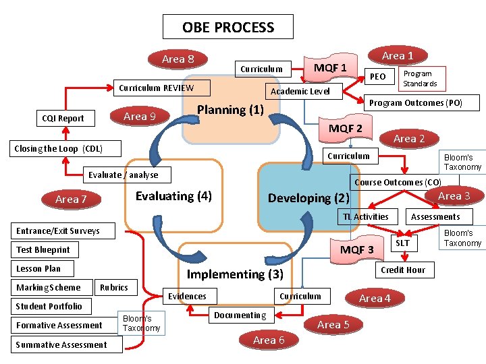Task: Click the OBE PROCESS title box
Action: [228, 28]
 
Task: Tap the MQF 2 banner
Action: [345, 129]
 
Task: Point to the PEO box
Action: [378, 77]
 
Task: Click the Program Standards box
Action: [420, 78]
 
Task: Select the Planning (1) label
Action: [230, 110]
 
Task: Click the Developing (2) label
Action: [308, 198]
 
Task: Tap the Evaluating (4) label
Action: [173, 196]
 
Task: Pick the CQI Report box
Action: [63, 119]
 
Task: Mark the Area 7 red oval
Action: [71, 199]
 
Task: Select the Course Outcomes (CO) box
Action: [398, 182]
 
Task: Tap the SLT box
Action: [402, 243]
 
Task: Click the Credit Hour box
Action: [402, 270]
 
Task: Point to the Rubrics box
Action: [113, 287]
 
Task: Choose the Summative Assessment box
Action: [61, 344]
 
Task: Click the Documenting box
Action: [240, 315]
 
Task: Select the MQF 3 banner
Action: [356, 250]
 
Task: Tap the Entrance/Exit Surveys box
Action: [57, 231]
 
